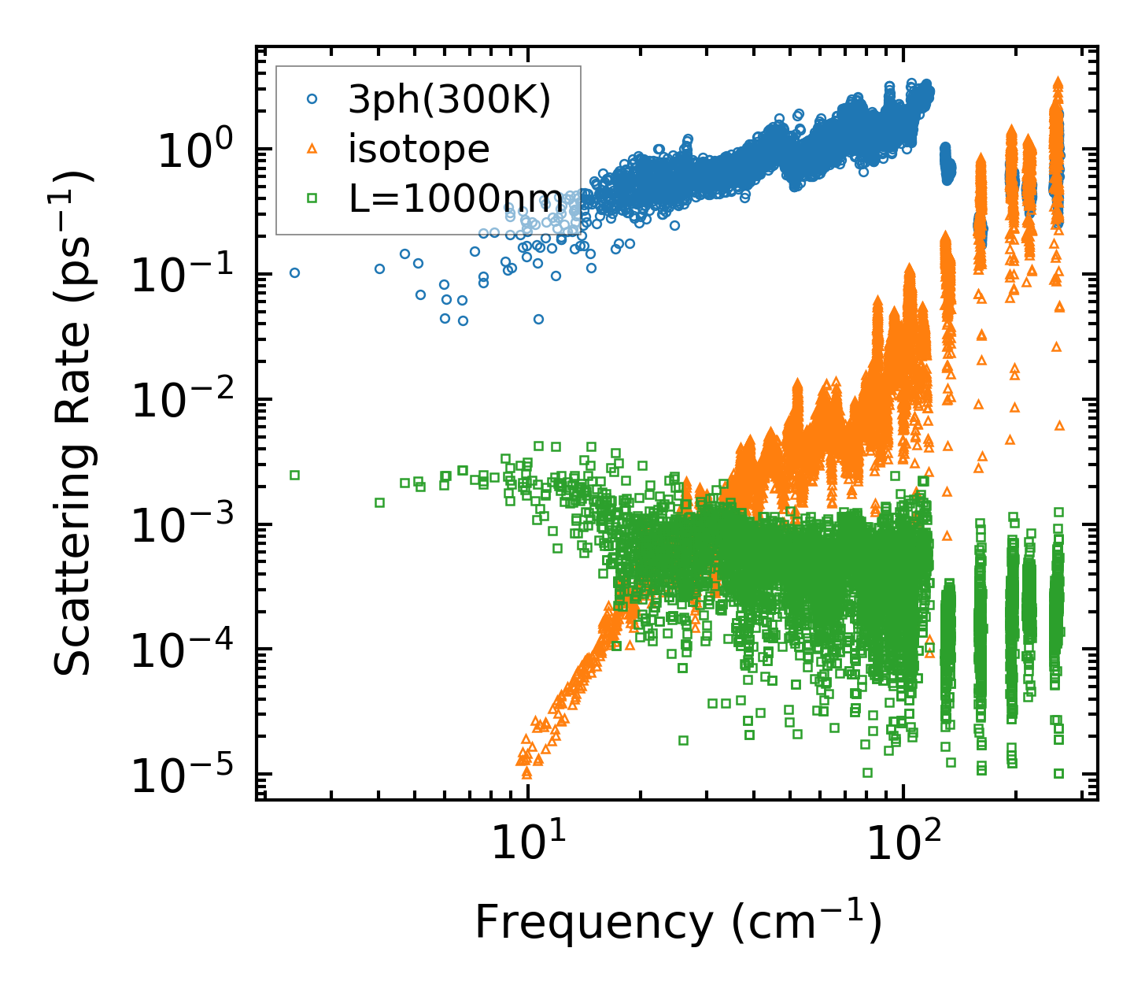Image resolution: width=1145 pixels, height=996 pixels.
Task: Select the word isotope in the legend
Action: point(419,149)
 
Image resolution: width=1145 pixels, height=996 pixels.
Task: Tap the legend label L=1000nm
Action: point(456,198)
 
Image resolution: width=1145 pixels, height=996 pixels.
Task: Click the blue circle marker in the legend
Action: point(312,99)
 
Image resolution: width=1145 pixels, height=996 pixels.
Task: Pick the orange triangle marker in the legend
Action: point(312,149)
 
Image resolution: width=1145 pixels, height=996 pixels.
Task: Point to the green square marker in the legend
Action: point(312,198)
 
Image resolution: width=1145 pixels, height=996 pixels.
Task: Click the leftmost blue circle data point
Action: point(295,272)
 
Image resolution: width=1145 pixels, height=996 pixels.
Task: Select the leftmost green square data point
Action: point(295,475)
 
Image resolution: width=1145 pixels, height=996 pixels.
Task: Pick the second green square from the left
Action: point(379,502)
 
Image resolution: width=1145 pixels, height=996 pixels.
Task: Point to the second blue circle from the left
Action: point(379,268)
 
